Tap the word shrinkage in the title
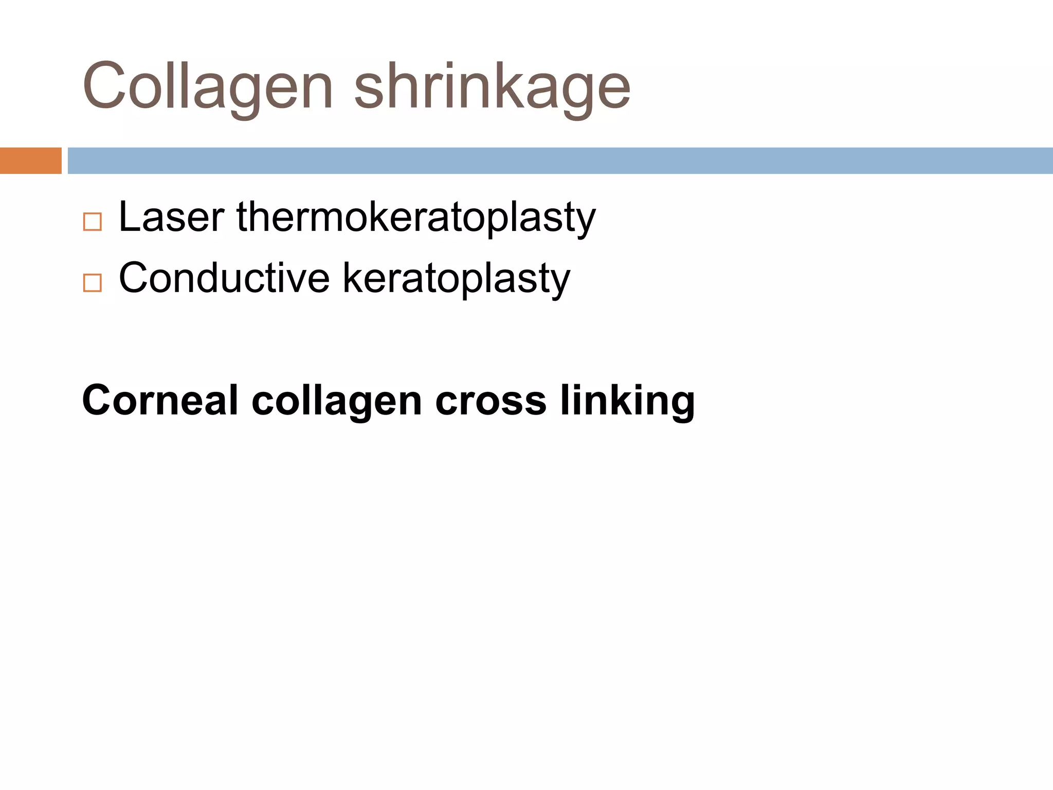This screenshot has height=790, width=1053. click(492, 86)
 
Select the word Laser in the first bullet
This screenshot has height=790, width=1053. click(172, 217)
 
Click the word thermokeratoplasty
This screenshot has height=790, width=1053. click(416, 217)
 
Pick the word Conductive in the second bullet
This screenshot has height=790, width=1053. click(224, 278)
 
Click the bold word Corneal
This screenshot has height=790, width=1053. click(160, 400)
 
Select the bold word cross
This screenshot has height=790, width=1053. click(491, 401)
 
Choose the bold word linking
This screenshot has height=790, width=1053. click(627, 401)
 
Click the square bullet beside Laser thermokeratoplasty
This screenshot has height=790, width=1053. click(93, 222)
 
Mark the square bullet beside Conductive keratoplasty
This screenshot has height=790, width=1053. click(93, 283)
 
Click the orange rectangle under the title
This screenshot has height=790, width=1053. click(30, 160)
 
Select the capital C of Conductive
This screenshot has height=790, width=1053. click(134, 278)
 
